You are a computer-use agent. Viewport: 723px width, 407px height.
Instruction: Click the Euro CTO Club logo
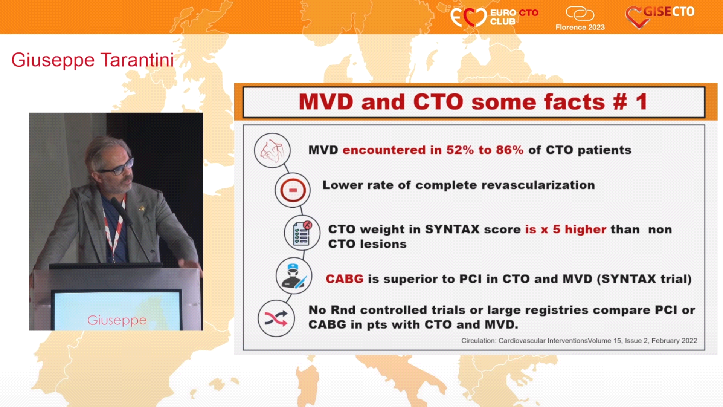[x=494, y=17]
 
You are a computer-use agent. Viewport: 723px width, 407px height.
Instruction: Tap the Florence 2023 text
[x=580, y=27]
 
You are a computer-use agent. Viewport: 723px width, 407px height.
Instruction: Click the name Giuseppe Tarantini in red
[x=93, y=60]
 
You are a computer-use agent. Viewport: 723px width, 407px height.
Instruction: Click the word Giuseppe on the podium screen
[x=117, y=320]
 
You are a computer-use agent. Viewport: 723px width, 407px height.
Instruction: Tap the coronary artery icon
[x=272, y=150]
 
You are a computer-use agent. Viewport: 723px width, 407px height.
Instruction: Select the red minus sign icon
[x=293, y=190]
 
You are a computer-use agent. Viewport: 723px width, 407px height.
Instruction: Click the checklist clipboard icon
[x=302, y=233]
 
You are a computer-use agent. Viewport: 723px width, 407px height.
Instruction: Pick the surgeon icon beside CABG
[x=294, y=276]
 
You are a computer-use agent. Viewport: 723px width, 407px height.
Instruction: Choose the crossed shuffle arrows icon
[x=276, y=318]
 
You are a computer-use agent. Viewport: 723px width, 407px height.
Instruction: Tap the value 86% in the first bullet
[x=509, y=150]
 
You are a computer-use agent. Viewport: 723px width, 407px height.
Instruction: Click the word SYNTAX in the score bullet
[x=452, y=229]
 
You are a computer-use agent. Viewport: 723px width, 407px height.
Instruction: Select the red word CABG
[x=345, y=279]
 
